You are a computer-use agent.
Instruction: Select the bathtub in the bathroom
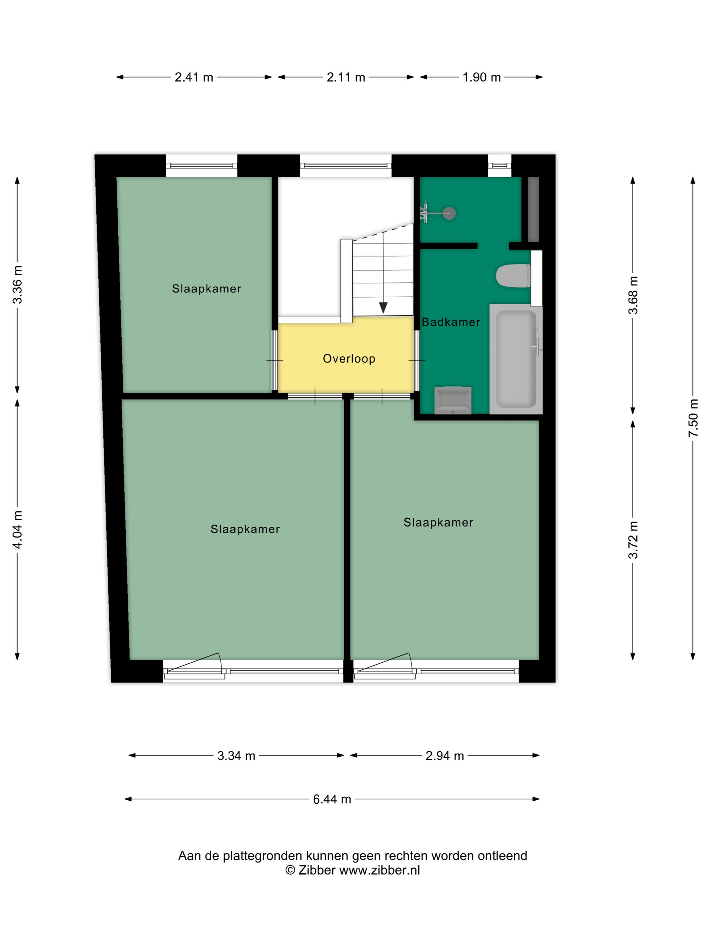click(x=516, y=359)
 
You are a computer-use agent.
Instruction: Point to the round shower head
click(x=449, y=213)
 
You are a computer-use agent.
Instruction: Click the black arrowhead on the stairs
click(x=383, y=307)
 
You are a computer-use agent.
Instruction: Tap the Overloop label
click(x=349, y=359)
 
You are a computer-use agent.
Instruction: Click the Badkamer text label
click(x=451, y=322)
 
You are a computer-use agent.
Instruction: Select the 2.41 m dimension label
click(x=194, y=77)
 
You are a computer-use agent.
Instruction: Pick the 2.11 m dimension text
click(x=346, y=77)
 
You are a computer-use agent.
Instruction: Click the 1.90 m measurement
click(x=481, y=77)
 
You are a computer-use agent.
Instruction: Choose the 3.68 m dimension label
click(x=633, y=295)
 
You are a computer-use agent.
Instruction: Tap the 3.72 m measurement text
click(x=633, y=540)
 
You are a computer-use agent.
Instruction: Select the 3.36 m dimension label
click(x=17, y=285)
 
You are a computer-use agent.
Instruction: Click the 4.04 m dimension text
click(x=17, y=530)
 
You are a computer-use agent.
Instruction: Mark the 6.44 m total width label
click(x=332, y=799)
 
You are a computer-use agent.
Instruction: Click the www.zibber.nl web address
click(x=380, y=870)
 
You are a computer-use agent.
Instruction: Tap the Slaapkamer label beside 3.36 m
click(x=206, y=289)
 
